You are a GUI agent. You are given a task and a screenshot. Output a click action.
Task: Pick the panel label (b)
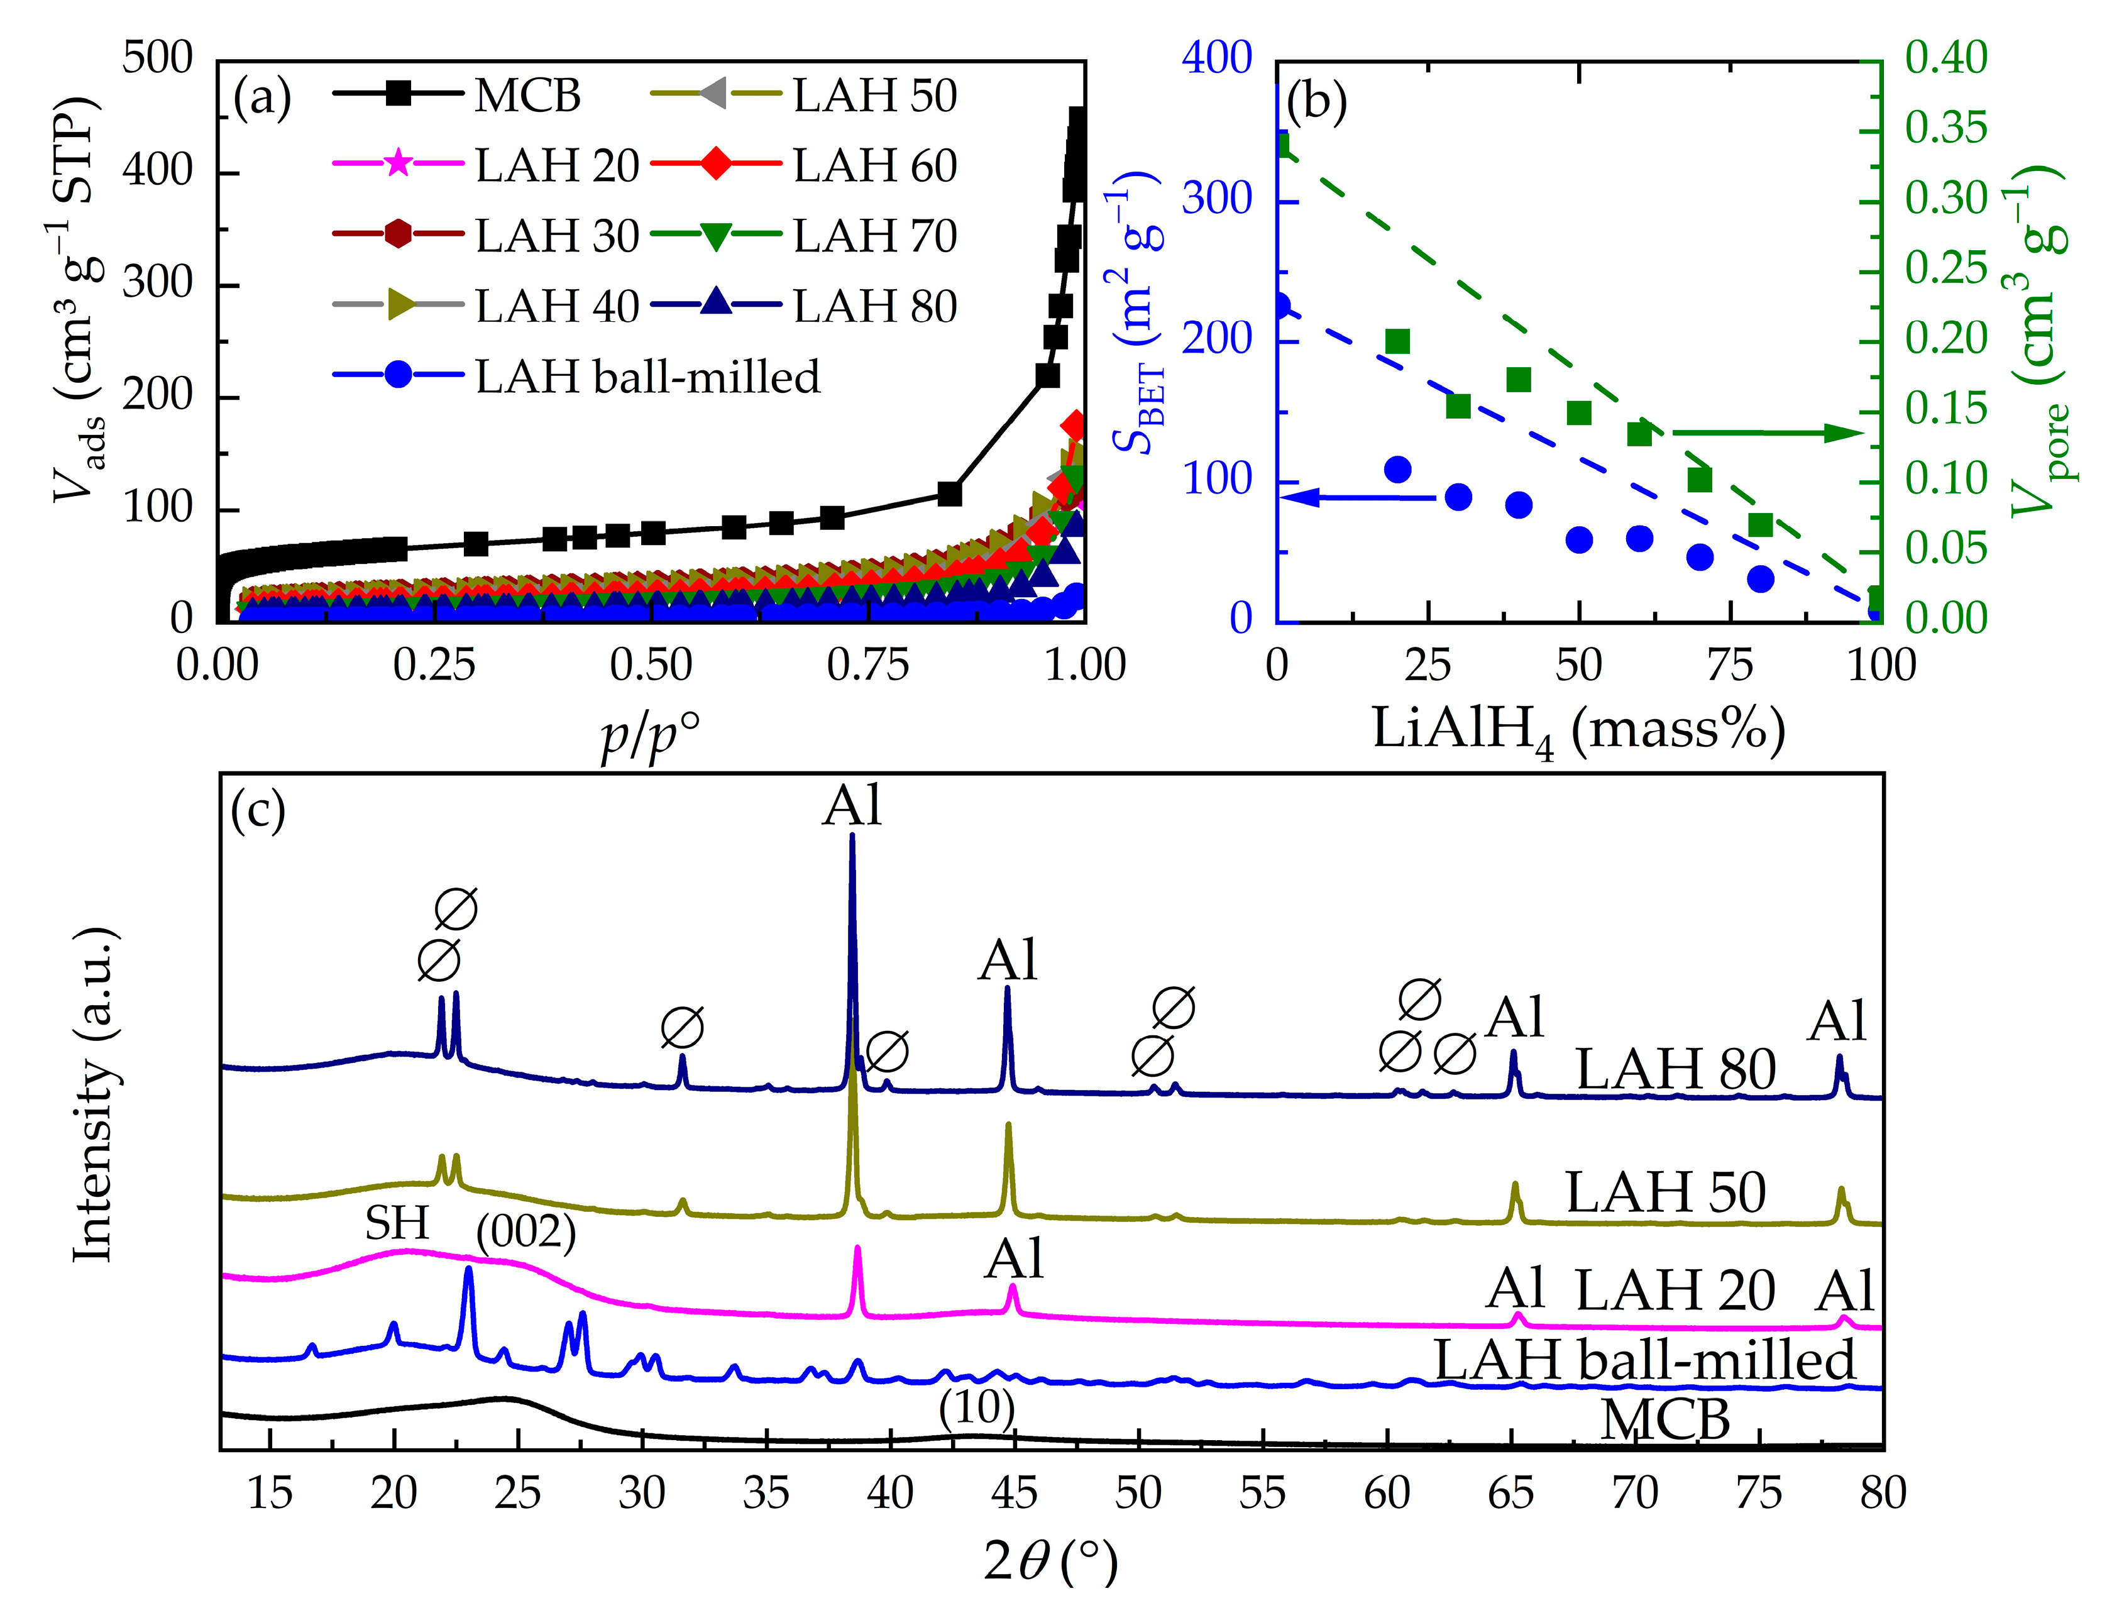point(1316,100)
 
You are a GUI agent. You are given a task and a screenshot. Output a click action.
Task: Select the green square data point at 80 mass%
point(1759,525)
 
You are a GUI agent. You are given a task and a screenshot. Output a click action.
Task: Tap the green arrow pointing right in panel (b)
point(1767,433)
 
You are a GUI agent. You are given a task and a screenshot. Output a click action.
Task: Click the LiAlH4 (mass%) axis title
point(1578,730)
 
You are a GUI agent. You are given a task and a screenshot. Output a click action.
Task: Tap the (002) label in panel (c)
point(526,1232)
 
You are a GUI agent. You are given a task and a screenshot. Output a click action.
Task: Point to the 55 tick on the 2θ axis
point(1262,1493)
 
